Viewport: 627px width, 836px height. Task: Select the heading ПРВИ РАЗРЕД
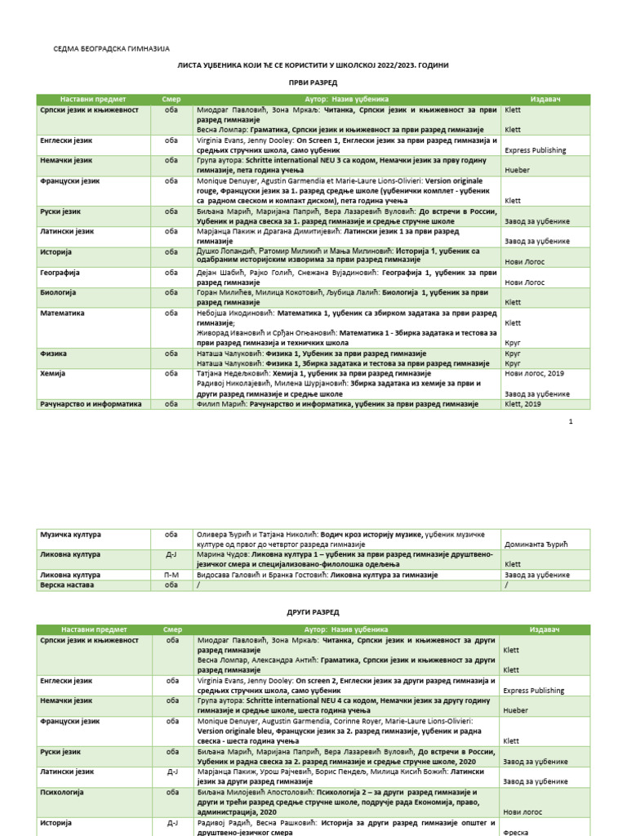coord(313,83)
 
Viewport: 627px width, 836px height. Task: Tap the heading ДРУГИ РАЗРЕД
coord(313,611)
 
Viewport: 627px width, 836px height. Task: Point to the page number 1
coord(571,421)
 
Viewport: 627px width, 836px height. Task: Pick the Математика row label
coord(63,313)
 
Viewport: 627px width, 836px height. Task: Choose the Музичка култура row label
coord(70,535)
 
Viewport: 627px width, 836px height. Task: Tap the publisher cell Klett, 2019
coord(522,403)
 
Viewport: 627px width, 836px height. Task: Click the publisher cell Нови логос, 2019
coord(534,372)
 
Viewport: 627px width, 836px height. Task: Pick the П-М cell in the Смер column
coord(171,575)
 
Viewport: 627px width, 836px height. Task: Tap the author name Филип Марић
coord(220,403)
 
